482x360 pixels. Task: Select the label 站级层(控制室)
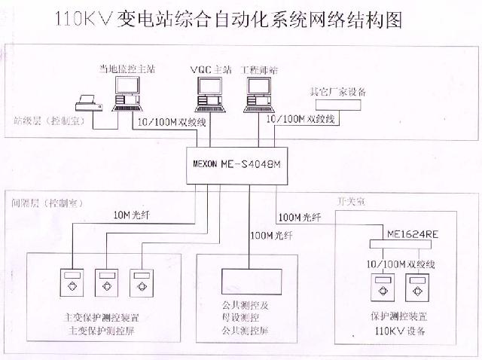[48, 121]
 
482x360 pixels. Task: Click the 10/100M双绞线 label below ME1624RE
[400, 264]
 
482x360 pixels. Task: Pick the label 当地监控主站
[127, 69]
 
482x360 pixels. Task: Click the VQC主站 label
[207, 70]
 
